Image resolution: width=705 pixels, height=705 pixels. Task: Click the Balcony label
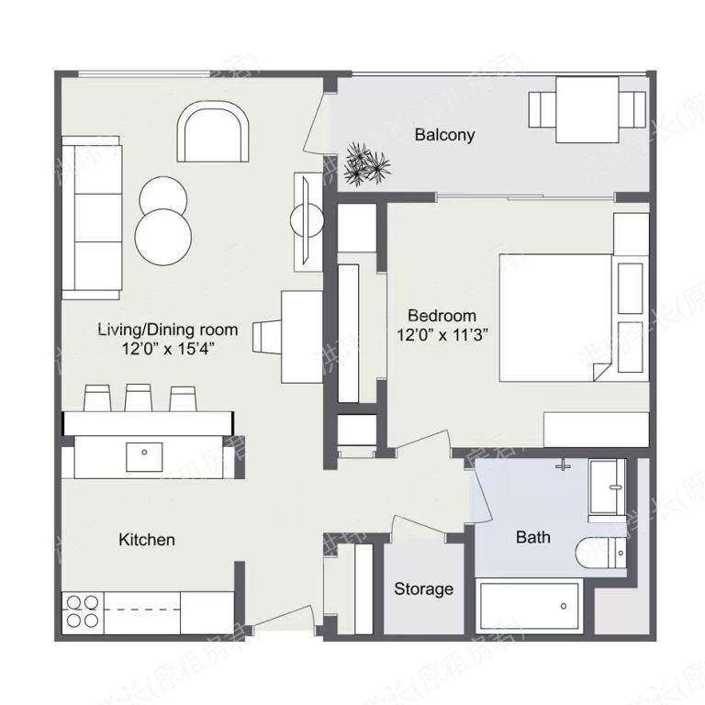coord(444,135)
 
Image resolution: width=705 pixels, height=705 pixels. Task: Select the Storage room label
coord(423,588)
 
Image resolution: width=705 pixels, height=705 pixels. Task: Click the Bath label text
coord(532,536)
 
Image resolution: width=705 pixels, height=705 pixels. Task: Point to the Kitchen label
coord(147,540)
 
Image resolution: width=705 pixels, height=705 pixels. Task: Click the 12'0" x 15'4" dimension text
coord(168,348)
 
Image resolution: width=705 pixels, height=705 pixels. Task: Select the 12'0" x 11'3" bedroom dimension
coord(441,335)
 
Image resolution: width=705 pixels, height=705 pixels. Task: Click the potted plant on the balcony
coord(366,163)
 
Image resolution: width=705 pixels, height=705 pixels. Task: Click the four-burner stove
coord(83,611)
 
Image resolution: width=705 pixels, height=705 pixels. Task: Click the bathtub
coord(529,607)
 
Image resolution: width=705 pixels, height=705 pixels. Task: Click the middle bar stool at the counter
coord(139,397)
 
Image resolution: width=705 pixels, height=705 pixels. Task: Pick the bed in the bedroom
coord(555,317)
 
